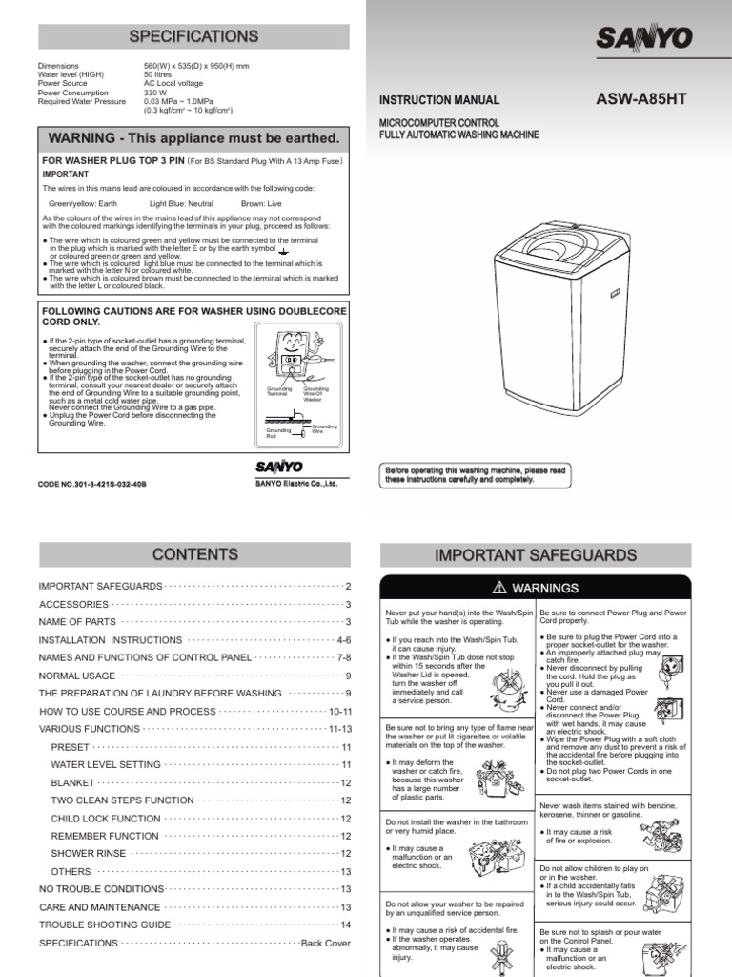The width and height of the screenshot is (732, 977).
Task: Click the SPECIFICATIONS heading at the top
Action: coord(193,36)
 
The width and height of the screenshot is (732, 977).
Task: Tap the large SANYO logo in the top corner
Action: coord(645,37)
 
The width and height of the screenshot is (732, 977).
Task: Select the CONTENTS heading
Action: coord(193,554)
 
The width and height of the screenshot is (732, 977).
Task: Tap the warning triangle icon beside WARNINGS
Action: coord(498,589)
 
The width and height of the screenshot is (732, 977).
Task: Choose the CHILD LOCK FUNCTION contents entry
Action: coord(105,819)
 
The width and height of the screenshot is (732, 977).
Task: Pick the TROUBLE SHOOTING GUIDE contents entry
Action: coord(105,925)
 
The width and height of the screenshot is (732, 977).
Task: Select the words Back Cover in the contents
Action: coord(326,943)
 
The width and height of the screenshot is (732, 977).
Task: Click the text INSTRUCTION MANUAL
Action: coord(439,100)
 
